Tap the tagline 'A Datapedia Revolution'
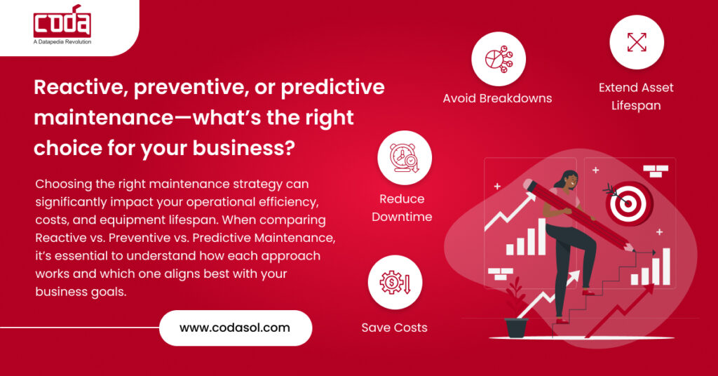pos(62,42)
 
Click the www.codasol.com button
pos(235,328)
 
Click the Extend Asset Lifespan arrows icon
pos(636,42)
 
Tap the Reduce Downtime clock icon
pos(405,158)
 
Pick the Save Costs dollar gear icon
pos(395,282)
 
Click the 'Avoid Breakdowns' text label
pos(497,98)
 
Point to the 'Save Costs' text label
pos(394,328)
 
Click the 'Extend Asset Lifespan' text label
pos(636,97)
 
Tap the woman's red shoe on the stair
pos(590,290)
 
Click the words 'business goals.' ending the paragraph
pos(81,291)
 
